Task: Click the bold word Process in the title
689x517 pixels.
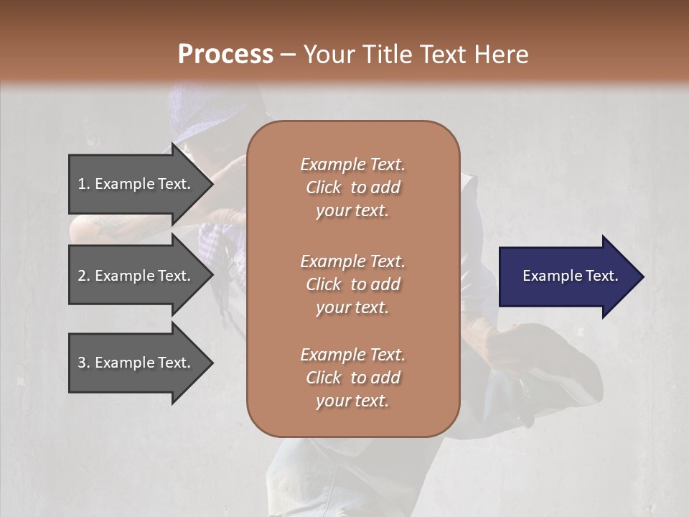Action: click(x=225, y=55)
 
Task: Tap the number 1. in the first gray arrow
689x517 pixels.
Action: click(x=84, y=184)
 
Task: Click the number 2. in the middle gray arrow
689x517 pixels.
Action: click(x=84, y=276)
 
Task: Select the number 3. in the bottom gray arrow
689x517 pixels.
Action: click(x=84, y=363)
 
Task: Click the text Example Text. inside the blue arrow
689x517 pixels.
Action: click(x=570, y=276)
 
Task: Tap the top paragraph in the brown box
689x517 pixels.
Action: click(x=352, y=187)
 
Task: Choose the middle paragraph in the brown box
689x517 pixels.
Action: click(x=352, y=284)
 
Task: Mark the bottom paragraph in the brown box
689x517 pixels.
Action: click(x=352, y=378)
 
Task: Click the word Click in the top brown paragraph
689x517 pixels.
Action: click(x=324, y=187)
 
